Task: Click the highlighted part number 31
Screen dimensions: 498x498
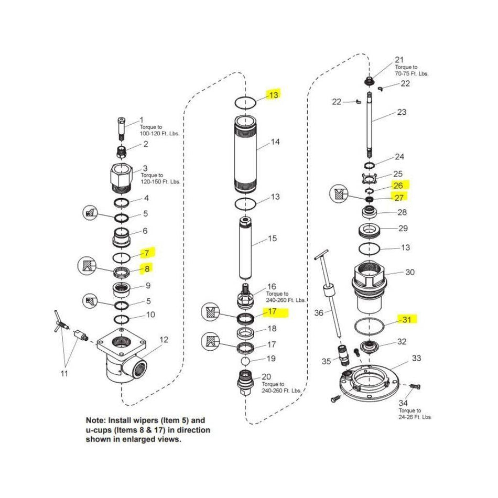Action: pos(408,319)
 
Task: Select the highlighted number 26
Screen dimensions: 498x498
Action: pos(398,185)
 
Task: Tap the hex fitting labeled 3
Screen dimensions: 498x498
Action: pos(122,179)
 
